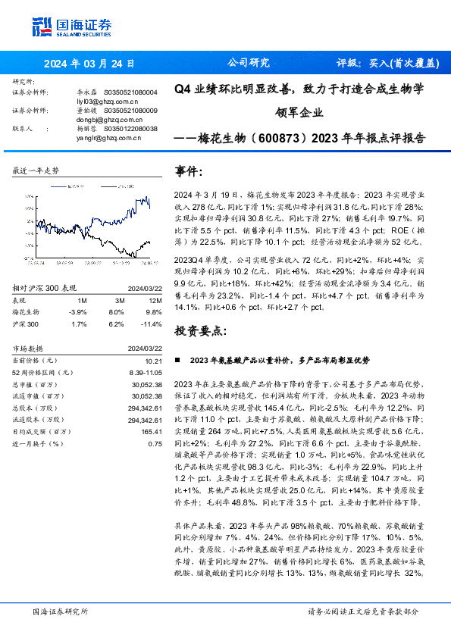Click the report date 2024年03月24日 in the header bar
90,64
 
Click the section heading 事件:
189,171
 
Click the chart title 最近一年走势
36,171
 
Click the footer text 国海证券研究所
60,611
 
